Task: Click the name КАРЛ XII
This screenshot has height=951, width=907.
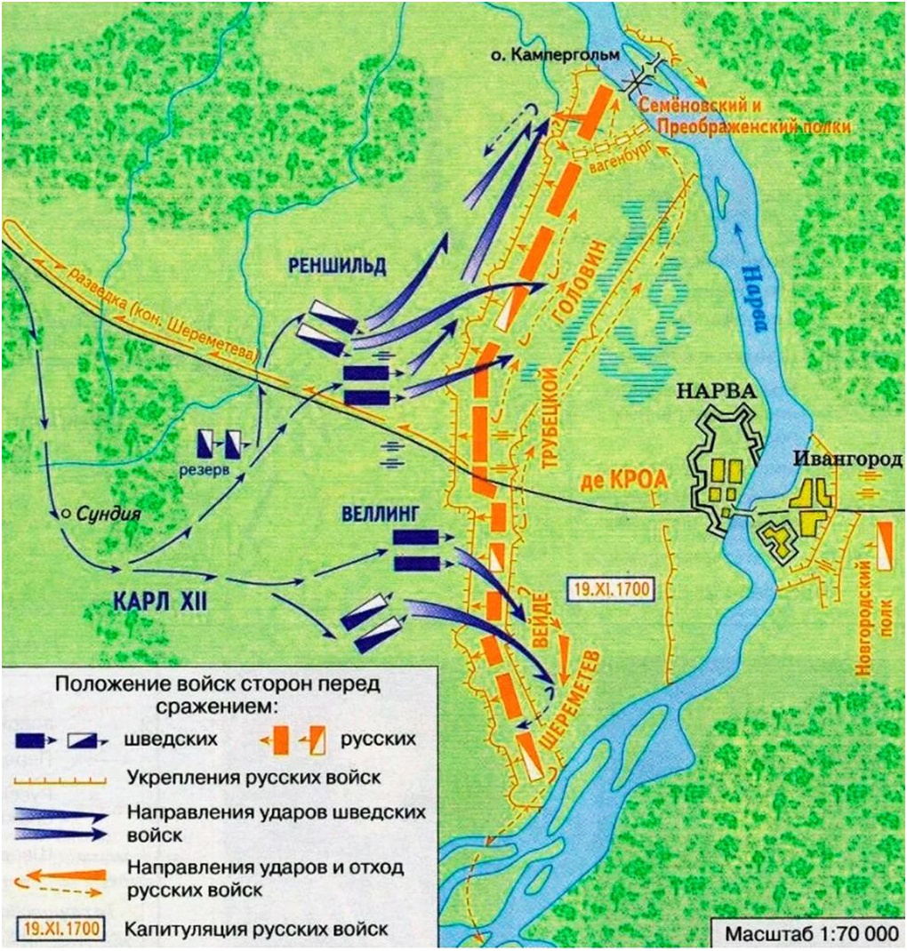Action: [161, 600]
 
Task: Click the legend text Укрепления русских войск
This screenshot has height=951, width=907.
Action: [254, 777]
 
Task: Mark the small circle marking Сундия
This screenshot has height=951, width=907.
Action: [66, 513]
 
